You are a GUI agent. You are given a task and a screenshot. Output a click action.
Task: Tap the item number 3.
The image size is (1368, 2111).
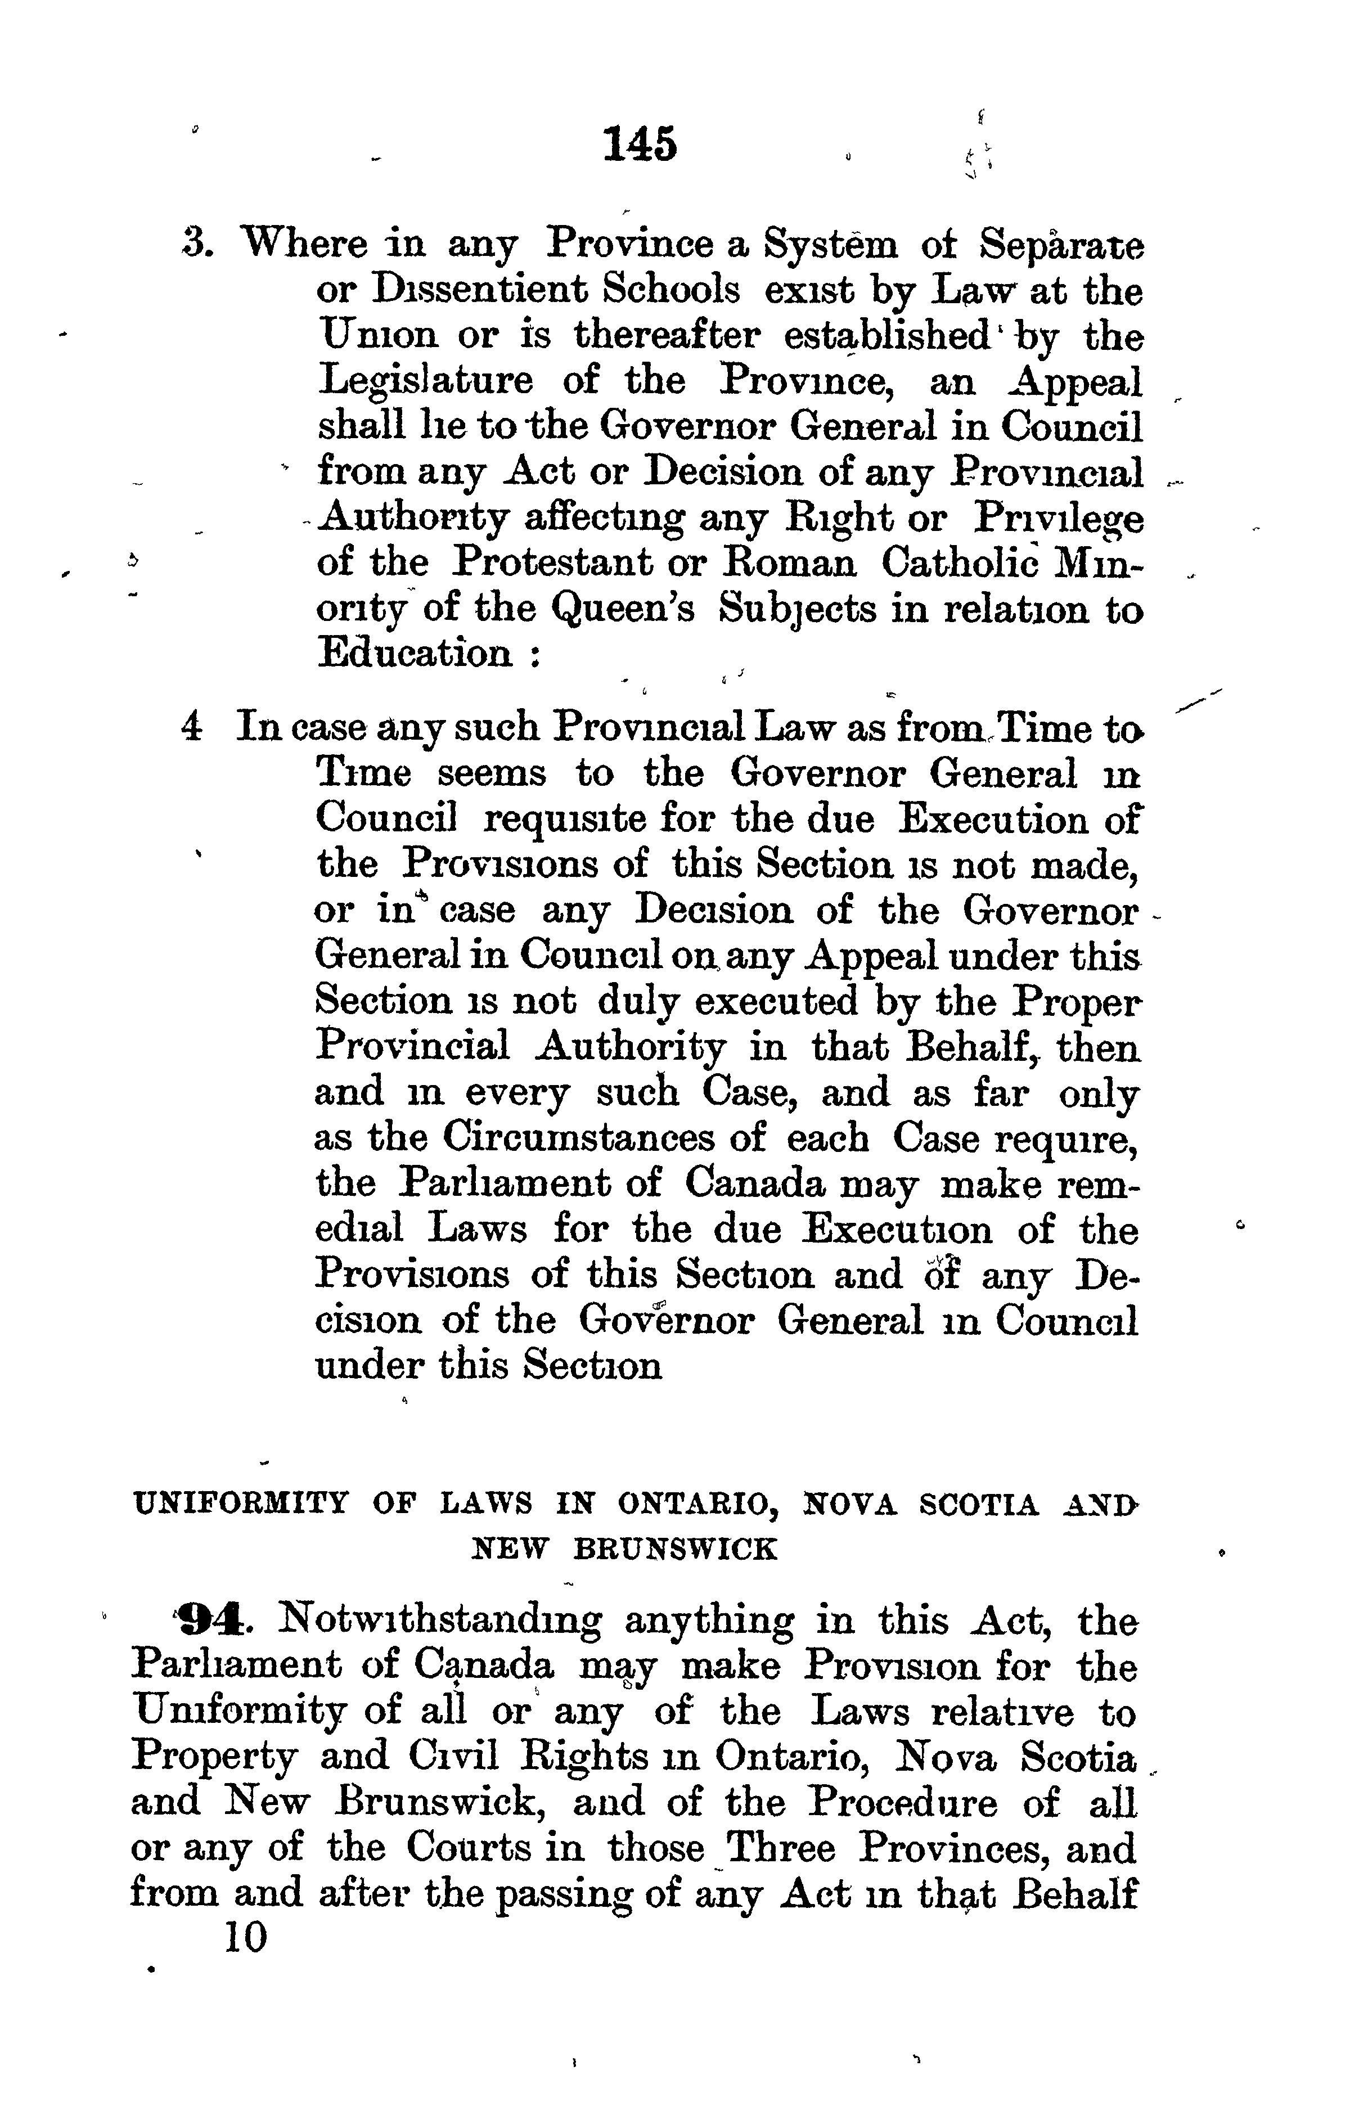click(194, 244)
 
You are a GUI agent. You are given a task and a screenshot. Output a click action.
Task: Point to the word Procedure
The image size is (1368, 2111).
click(902, 1803)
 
